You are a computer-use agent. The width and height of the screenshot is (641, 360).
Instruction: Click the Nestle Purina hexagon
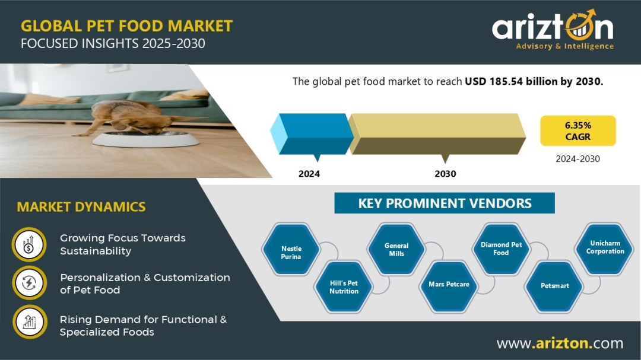pyautogui.click(x=291, y=249)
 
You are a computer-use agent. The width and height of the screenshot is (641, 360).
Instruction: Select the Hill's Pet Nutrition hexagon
pyautogui.click(x=344, y=287)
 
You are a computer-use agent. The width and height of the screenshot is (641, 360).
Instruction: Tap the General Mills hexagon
pyautogui.click(x=396, y=249)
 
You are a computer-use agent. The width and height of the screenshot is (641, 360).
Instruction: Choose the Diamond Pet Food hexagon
pyautogui.click(x=501, y=249)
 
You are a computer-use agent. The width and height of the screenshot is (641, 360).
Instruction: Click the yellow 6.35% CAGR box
pyautogui.click(x=577, y=130)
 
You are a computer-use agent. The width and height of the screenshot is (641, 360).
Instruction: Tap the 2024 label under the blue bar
pyautogui.click(x=309, y=174)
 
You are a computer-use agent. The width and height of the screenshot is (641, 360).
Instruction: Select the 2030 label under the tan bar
pyautogui.click(x=445, y=174)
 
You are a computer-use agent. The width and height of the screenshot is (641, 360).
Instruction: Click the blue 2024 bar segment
pyautogui.click(x=312, y=134)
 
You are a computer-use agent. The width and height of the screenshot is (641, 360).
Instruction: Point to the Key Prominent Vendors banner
pyautogui.click(x=445, y=203)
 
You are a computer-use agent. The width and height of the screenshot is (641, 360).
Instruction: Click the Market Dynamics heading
pyautogui.click(x=81, y=207)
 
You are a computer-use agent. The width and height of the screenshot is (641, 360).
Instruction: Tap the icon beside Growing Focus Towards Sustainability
pyautogui.click(x=29, y=244)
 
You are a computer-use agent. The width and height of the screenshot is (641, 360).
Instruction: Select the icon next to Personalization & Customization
pyautogui.click(x=29, y=283)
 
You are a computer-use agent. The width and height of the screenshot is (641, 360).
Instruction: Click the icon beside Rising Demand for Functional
pyautogui.click(x=29, y=322)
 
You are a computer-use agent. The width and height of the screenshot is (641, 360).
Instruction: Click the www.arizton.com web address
pyautogui.click(x=560, y=343)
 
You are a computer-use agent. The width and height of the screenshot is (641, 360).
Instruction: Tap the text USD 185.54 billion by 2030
pyautogui.click(x=534, y=81)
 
